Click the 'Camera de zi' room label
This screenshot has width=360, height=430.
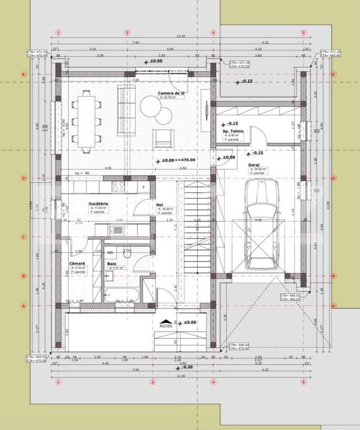[x=171, y=93]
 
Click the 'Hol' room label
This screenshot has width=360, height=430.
[x=159, y=205]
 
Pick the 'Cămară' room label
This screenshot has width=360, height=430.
[x=78, y=264]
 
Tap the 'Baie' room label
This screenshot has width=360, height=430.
[x=112, y=264]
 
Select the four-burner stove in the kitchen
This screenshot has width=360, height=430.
[x=116, y=186]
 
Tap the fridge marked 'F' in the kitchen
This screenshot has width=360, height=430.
[x=143, y=187]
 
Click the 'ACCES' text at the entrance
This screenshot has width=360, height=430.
[x=166, y=326]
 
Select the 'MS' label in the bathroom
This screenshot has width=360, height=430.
[x=110, y=253]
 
